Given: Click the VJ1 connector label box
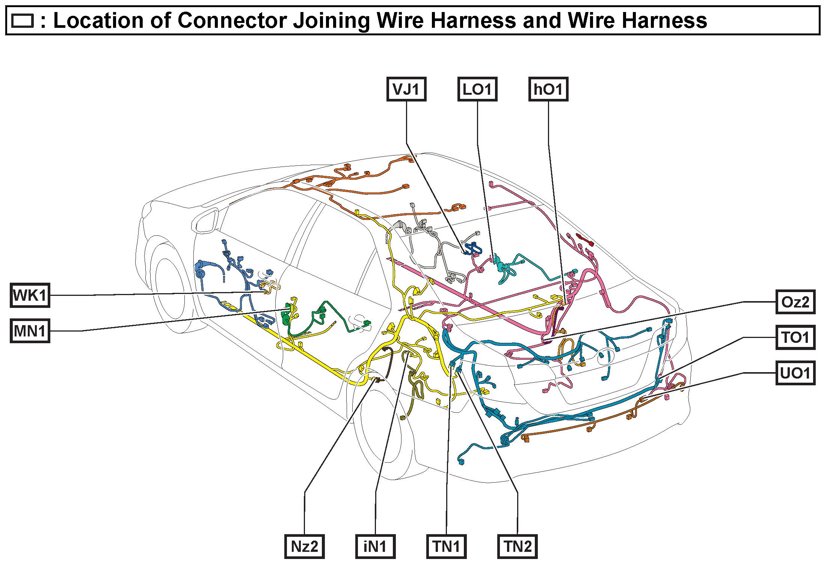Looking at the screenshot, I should pyautogui.click(x=406, y=89).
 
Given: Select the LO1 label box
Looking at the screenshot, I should pyautogui.click(x=477, y=89).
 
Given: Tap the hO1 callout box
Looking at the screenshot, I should pyautogui.click(x=548, y=89).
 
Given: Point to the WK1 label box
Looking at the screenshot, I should pyautogui.click(x=30, y=295).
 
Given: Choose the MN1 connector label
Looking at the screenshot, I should pyautogui.click(x=30, y=331).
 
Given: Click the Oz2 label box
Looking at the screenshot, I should pyautogui.click(x=795, y=302).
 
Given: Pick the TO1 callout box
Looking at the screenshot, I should pyautogui.click(x=795, y=337).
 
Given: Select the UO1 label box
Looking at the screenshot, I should pyautogui.click(x=795, y=373).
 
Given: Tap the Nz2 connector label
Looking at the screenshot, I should pyautogui.click(x=304, y=546).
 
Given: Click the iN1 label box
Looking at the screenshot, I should pyautogui.click(x=375, y=546).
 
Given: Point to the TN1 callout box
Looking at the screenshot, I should pyautogui.click(x=446, y=546).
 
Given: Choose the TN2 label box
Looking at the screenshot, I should pyautogui.click(x=517, y=546).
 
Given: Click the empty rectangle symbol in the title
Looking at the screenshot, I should pyautogui.click(x=23, y=21).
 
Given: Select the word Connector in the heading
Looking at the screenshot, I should pyautogui.click(x=232, y=20).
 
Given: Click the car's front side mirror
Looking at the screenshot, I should pyautogui.click(x=205, y=221).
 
